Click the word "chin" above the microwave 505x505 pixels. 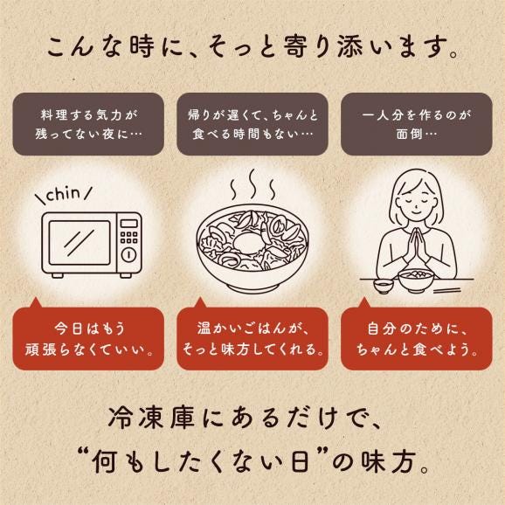(x=64, y=194)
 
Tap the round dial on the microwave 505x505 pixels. (x=128, y=255)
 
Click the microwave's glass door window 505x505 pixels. (x=80, y=243)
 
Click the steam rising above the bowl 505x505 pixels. (x=253, y=184)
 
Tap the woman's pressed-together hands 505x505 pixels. (x=418, y=247)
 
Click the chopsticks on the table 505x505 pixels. (x=447, y=291)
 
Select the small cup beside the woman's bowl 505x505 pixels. (x=384, y=286)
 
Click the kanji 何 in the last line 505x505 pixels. (x=104, y=461)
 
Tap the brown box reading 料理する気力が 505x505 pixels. (x=88, y=124)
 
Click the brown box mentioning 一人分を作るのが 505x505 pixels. (x=417, y=124)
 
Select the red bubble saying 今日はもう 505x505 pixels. (x=88, y=338)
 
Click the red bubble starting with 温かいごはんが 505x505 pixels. (x=252, y=338)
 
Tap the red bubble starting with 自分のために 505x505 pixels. (x=417, y=338)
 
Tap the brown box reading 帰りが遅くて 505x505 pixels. (x=252, y=124)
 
